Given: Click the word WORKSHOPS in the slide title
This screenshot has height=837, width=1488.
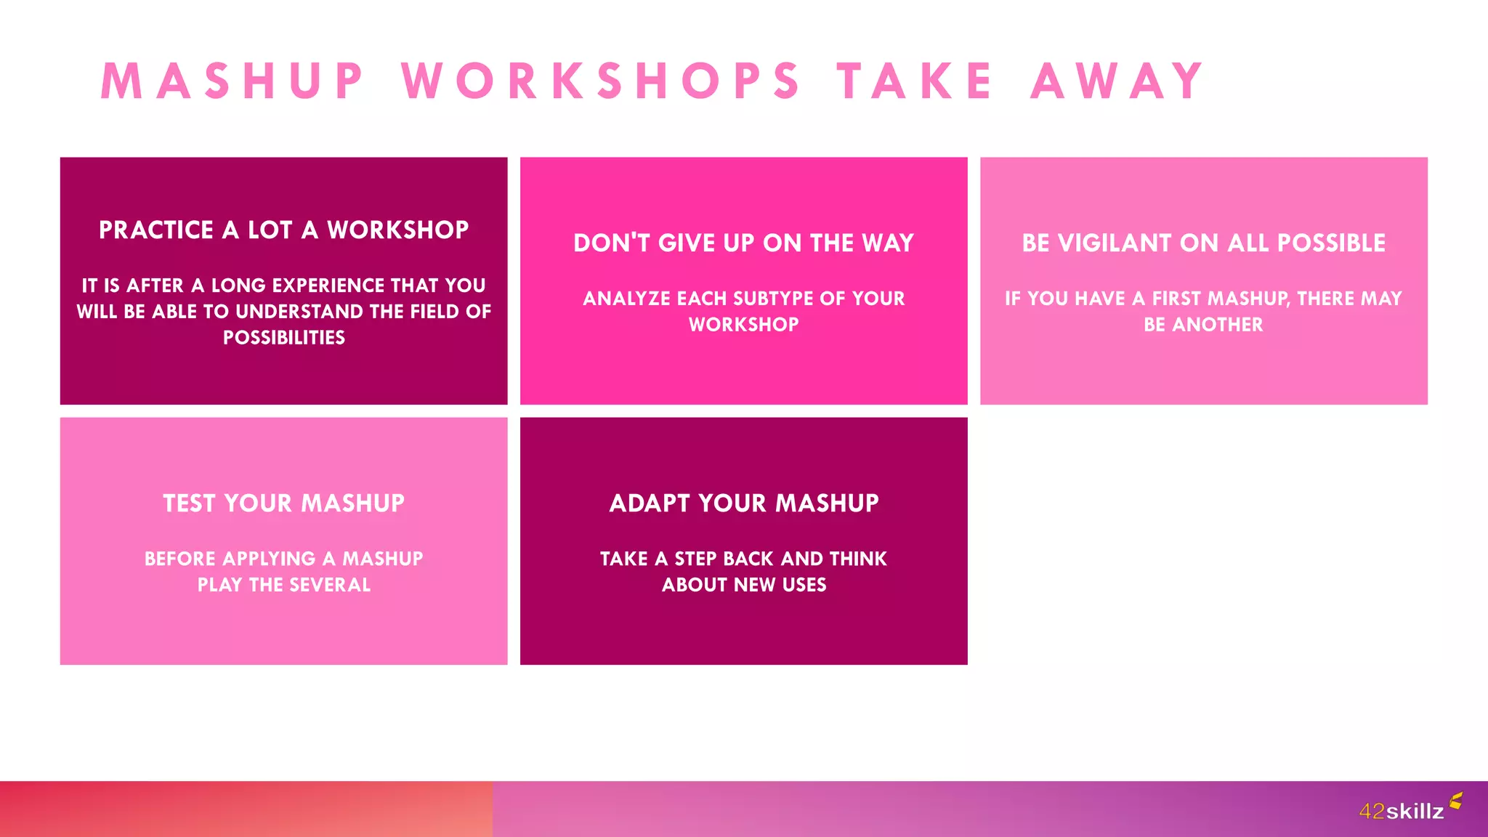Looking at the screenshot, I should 600,81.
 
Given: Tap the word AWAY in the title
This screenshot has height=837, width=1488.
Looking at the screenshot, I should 1117,81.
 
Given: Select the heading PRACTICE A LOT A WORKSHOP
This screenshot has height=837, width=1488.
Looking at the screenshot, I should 283,230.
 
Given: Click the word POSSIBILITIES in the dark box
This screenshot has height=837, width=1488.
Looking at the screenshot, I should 283,338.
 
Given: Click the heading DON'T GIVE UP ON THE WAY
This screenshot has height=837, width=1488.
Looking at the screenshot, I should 743,243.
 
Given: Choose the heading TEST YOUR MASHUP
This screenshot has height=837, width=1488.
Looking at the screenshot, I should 283,504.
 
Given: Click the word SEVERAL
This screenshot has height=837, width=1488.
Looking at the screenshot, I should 331,585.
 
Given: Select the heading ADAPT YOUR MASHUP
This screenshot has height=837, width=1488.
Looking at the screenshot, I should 743,504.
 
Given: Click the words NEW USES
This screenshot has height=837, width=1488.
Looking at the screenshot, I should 780,585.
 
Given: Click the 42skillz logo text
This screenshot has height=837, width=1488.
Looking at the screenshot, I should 1401,812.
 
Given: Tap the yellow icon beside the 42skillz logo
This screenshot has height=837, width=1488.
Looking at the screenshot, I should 1455,801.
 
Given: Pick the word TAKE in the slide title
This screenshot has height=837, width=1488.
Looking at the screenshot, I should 914,81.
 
